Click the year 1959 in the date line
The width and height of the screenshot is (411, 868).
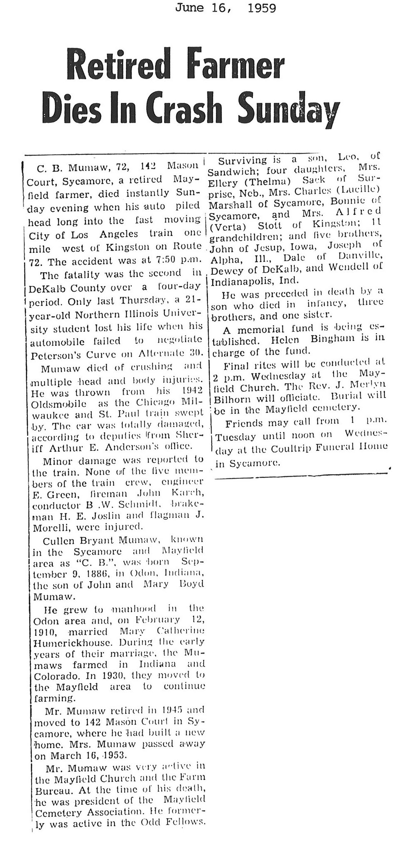[261, 8]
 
